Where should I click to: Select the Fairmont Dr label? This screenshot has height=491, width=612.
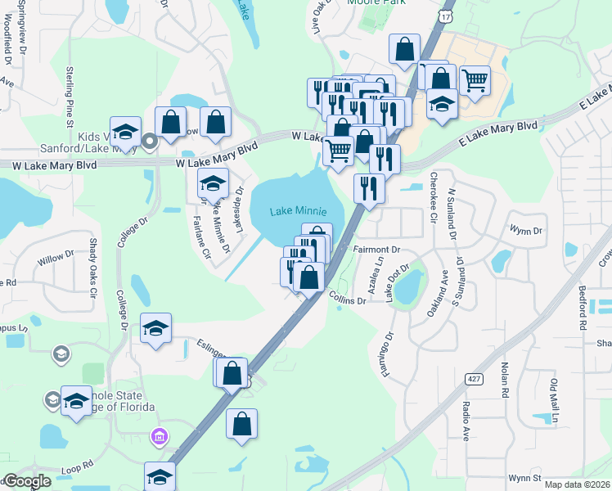point(376,249)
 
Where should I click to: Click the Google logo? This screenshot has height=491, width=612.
point(26,481)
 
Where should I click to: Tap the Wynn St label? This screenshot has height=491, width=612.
point(524,476)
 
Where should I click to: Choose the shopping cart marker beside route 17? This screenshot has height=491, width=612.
point(475,80)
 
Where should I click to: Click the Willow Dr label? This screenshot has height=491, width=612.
point(56,260)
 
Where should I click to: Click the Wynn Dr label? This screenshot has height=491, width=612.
point(526,231)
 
